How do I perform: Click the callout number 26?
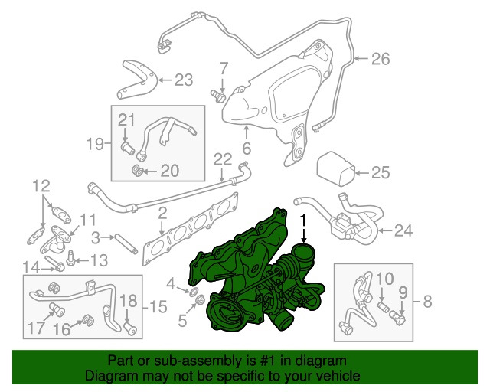tap(381, 58)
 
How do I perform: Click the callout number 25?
tap(381, 172)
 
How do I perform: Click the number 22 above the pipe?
tap(222, 159)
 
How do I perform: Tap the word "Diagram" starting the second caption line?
tap(106, 377)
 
